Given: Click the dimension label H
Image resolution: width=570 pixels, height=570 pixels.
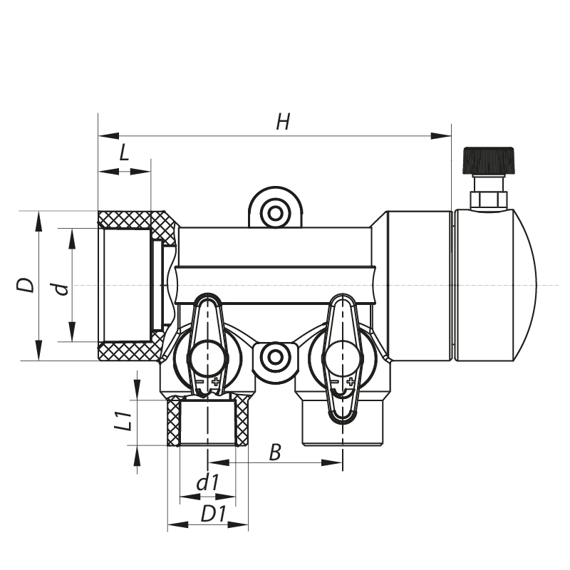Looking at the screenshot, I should click(x=283, y=122).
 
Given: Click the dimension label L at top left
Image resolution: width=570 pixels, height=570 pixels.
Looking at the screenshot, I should click(x=124, y=152).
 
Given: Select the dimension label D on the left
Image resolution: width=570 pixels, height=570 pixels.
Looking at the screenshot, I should click(x=26, y=285).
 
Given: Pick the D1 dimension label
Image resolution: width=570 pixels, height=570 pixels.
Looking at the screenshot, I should click(x=213, y=513).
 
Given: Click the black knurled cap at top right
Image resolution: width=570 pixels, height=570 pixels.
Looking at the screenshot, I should click(x=488, y=160).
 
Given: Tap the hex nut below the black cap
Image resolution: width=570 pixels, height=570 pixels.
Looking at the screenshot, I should click(x=489, y=199).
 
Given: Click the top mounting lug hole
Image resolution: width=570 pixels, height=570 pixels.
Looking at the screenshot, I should click(x=274, y=212).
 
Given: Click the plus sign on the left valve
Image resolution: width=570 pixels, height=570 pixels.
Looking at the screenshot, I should click(x=216, y=383).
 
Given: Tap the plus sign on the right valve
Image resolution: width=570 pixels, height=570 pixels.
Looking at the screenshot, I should click(x=350, y=383).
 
